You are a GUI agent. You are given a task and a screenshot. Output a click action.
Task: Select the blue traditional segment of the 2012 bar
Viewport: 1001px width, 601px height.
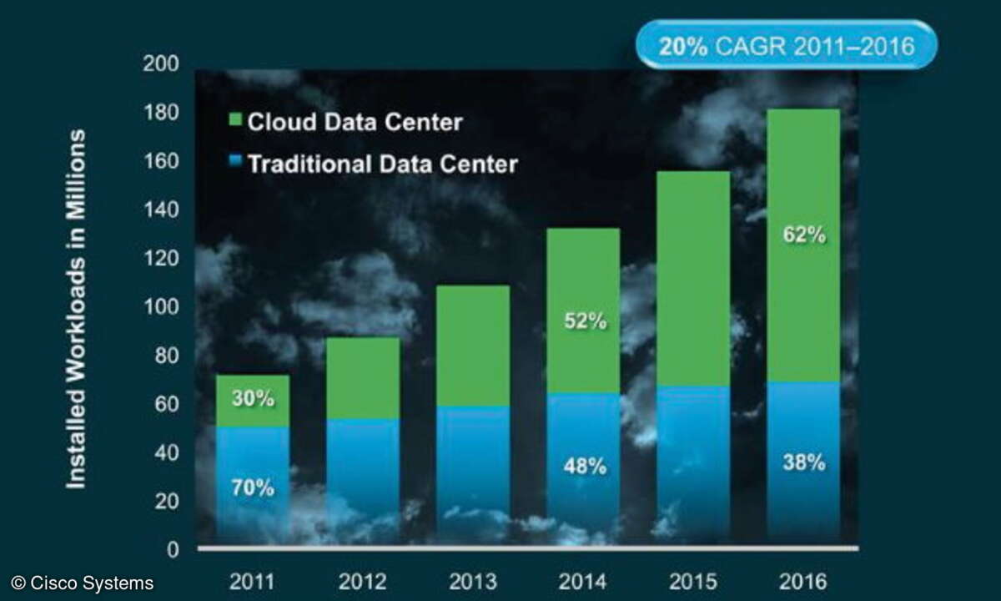point(363,480)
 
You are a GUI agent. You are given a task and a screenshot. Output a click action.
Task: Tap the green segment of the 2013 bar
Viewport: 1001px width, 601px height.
point(473,346)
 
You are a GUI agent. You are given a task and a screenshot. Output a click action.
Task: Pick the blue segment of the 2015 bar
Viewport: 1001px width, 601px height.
point(693,463)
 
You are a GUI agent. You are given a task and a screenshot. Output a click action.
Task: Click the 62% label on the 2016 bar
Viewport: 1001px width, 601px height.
point(804,235)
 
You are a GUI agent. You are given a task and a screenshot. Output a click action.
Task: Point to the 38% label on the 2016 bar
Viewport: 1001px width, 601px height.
point(804,462)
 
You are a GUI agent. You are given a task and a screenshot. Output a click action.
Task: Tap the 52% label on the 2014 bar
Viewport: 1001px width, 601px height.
point(584,321)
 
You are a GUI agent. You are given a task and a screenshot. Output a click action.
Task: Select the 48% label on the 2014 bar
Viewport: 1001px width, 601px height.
point(584,466)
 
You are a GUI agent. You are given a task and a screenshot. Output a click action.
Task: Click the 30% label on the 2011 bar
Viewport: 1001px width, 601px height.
point(253,399)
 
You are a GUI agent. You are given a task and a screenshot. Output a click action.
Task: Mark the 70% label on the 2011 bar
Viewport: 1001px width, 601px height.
point(253,487)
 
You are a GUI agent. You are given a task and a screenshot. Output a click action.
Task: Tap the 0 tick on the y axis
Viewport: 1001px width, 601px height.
point(171,549)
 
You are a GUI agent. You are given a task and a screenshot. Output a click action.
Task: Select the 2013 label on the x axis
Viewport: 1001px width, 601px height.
point(472,581)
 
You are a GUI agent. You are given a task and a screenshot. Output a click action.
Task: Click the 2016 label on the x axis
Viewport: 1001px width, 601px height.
point(803,581)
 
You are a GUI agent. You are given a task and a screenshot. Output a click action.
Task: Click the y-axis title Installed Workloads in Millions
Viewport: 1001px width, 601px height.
point(76,309)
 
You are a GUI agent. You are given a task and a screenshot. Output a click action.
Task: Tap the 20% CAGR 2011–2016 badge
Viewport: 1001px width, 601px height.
point(786,45)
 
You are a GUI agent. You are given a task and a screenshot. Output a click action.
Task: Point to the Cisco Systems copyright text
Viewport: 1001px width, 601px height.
point(82,583)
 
